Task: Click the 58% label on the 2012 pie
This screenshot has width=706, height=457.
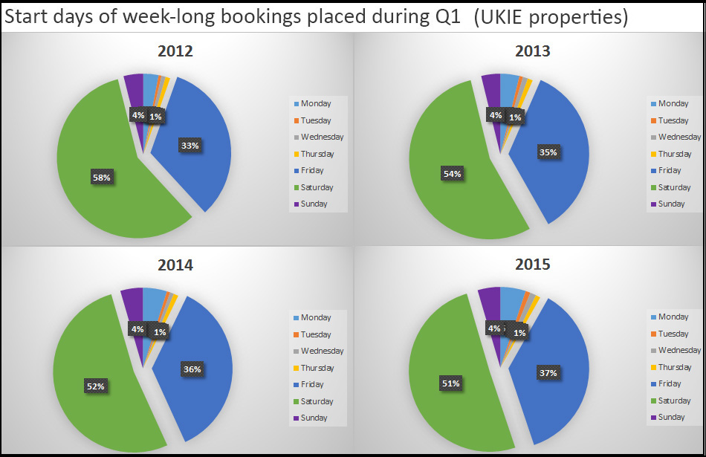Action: (101, 178)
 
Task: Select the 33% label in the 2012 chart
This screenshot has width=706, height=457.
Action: (190, 146)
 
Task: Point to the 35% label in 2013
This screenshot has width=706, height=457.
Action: (547, 152)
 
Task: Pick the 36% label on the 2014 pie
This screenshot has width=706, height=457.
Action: (192, 369)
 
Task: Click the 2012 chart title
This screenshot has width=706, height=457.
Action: (175, 52)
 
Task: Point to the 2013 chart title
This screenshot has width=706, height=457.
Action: (532, 51)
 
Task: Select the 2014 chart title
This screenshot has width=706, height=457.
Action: (175, 265)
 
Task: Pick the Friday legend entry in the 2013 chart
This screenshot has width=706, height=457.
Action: (669, 170)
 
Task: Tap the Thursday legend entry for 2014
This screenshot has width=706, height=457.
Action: (317, 368)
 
